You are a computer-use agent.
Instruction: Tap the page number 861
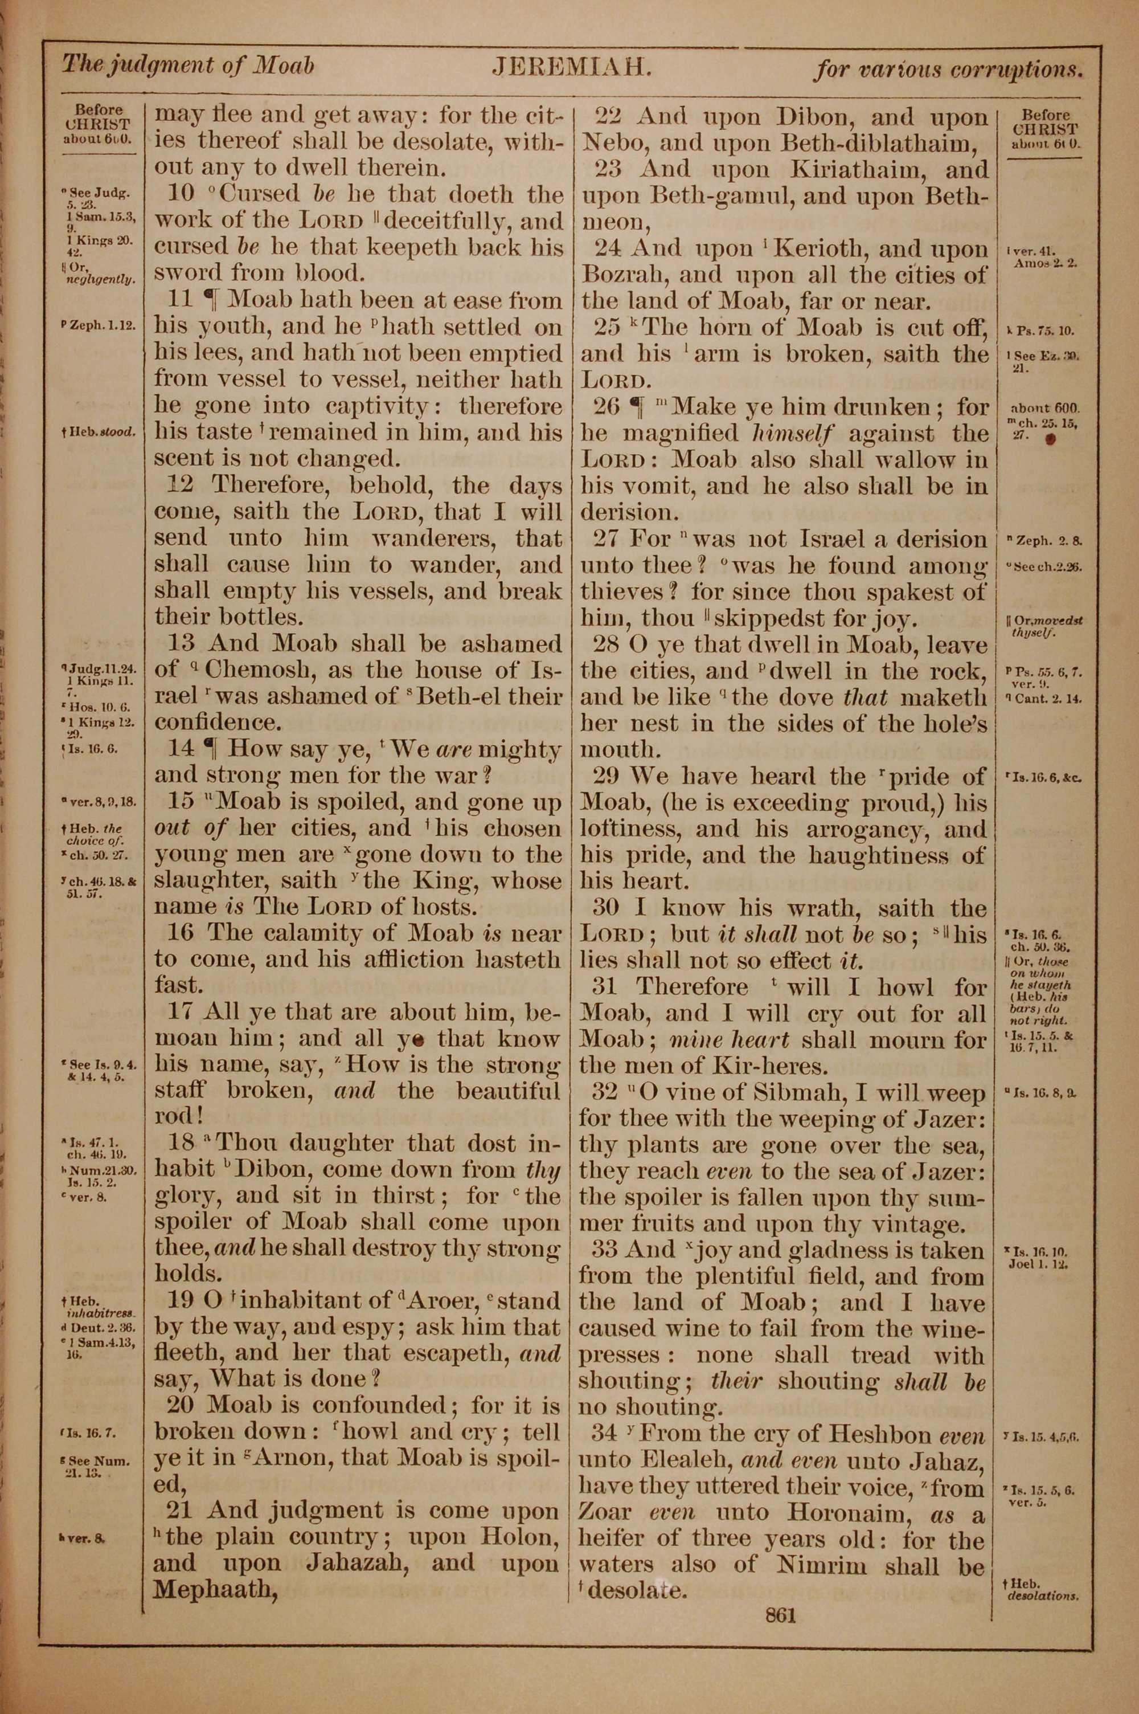(781, 1615)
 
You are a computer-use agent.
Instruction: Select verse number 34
(605, 1434)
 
